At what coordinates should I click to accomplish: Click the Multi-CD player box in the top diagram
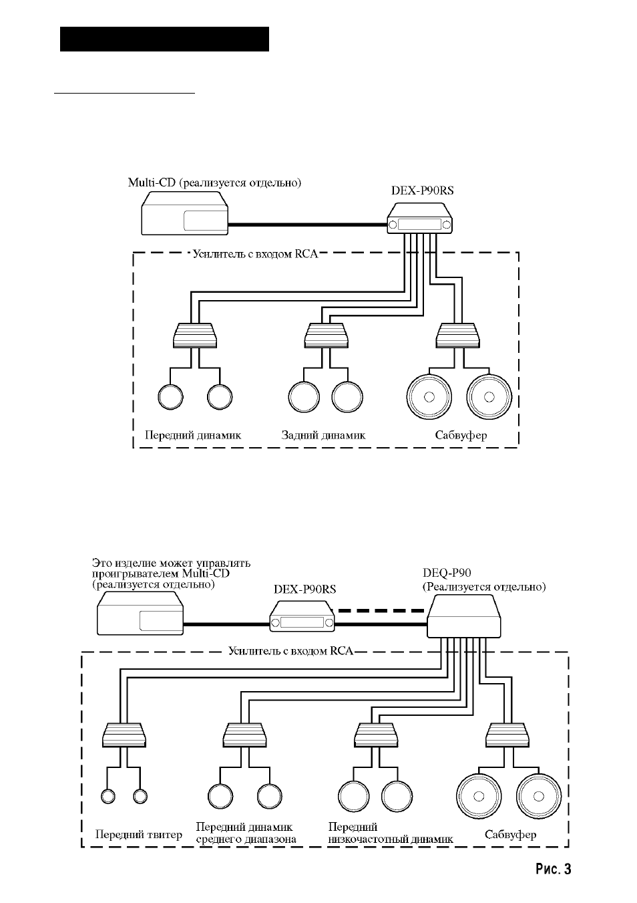pos(184,213)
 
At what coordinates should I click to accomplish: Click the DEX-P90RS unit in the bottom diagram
pos(302,616)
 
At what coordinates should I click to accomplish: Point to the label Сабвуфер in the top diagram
pos(461,435)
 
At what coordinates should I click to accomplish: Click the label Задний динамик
pos(323,435)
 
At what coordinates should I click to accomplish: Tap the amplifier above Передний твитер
pos(124,735)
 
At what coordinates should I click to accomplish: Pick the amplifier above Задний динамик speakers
pos(326,336)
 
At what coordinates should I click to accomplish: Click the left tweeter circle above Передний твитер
pos(108,796)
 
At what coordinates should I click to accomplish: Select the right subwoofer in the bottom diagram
pos(538,797)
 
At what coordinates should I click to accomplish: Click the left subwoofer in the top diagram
pos(429,396)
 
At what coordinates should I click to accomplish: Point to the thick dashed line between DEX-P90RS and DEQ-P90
pos(381,611)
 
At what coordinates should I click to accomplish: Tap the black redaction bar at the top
pos(164,39)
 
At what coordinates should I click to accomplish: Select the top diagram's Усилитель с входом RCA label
pos(255,254)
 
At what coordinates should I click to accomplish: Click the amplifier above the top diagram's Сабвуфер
pos(457,336)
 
